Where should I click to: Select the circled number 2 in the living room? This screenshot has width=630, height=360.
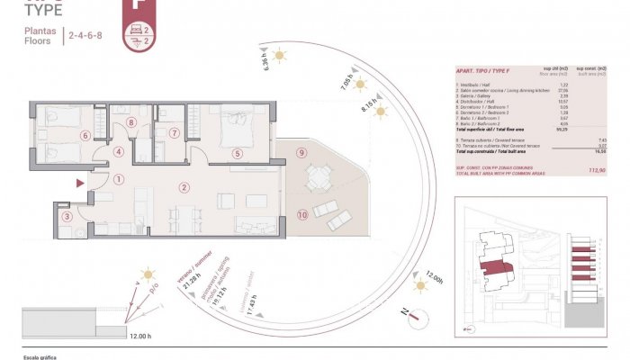tap(184, 188)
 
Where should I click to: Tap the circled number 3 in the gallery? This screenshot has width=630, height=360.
tap(67, 216)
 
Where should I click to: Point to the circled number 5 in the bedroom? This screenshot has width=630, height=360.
tap(238, 154)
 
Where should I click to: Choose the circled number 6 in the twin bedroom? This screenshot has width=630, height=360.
tap(85, 136)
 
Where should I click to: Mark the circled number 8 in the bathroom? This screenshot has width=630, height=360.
tap(131, 123)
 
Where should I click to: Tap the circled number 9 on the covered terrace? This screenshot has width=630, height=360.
tap(301, 152)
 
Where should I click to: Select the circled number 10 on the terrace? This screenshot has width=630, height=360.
tap(303, 214)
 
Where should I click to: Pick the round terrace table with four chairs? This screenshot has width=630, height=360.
tap(318, 178)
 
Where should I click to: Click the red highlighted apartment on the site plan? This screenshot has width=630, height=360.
tap(494, 266)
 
